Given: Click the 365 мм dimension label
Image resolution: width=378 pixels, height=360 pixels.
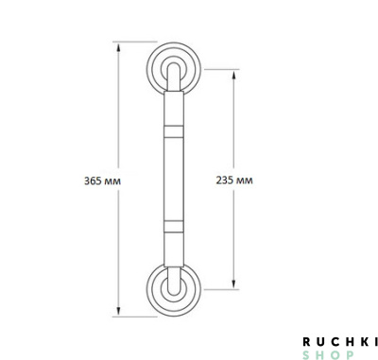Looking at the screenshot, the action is point(102,181).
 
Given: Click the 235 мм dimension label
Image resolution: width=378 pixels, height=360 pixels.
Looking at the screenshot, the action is point(234,180).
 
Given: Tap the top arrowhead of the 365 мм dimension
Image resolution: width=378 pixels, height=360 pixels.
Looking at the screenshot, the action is point(119,48).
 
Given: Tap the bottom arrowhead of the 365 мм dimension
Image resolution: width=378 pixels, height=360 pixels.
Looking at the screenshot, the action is point(119,311).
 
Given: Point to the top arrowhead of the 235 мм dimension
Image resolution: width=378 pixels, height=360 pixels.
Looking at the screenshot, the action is point(233,76).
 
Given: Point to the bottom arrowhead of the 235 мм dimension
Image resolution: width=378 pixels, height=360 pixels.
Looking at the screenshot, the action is point(233,283).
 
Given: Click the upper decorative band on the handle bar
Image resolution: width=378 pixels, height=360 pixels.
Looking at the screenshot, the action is point(174,131).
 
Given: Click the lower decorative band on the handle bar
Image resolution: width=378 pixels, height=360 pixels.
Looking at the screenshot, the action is point(174,227).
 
